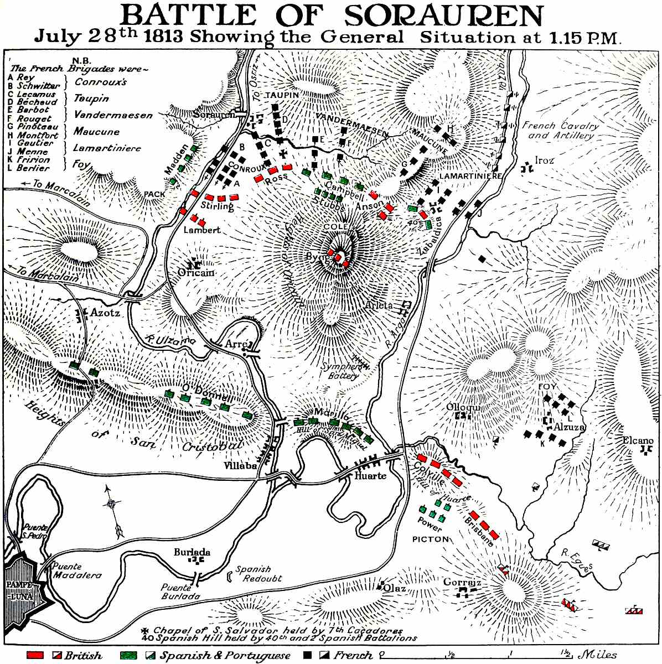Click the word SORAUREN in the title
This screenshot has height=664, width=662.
(443, 17)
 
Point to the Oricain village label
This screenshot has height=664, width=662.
(195, 272)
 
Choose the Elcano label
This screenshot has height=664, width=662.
(638, 440)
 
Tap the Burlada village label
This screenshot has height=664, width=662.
(192, 552)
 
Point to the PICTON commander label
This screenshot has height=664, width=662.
(430, 538)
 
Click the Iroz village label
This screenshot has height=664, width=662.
(544, 160)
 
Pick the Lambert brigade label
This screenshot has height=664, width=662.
(201, 230)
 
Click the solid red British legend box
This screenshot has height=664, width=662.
(35, 655)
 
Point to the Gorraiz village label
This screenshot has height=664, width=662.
(461, 583)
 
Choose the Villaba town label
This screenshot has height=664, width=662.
(240, 466)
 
